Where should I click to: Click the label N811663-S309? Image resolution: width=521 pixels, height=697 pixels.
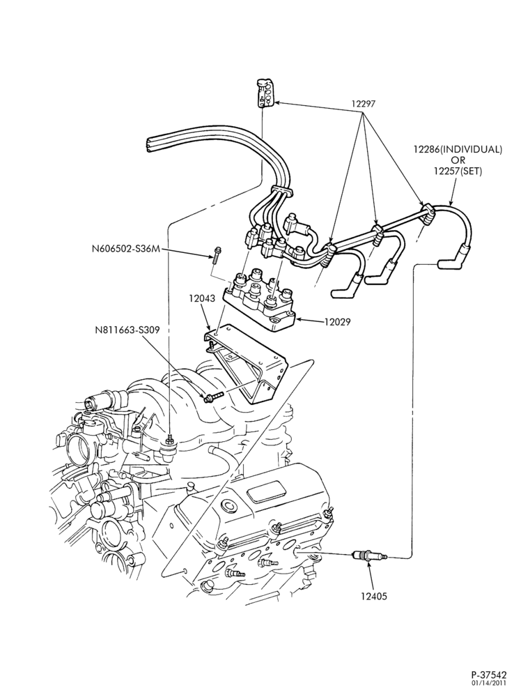[127, 330]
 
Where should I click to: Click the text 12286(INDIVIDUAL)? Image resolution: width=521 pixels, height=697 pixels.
[458, 149]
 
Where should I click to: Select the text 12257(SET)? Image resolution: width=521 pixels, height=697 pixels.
[458, 171]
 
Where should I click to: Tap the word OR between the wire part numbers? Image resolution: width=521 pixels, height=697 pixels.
[457, 160]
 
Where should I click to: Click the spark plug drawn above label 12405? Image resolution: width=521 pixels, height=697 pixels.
[369, 555]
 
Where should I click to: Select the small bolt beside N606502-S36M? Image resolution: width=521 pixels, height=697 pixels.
[216, 254]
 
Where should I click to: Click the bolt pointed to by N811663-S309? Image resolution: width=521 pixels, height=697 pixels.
[212, 397]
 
